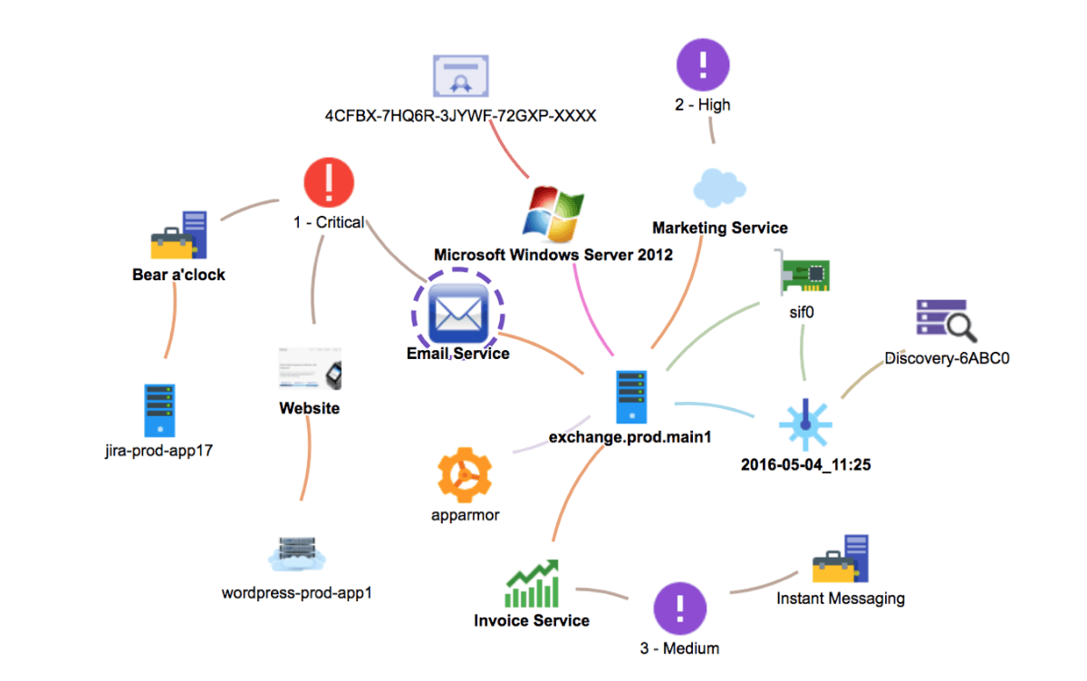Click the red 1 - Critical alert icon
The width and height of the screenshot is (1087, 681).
click(x=329, y=182)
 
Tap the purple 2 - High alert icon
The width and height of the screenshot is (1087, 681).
click(x=703, y=64)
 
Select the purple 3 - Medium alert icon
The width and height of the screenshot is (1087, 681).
click(x=680, y=608)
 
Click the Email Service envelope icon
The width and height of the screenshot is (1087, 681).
click(x=458, y=314)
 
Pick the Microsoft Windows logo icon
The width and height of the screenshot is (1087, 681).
click(x=553, y=214)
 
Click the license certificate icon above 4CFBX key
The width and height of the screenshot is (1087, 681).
click(x=461, y=76)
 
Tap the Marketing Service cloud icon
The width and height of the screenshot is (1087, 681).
click(x=719, y=188)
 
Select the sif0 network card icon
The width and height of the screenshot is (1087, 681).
click(x=803, y=273)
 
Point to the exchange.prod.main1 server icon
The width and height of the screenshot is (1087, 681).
click(x=631, y=397)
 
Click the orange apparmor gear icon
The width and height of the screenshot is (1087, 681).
click(x=465, y=474)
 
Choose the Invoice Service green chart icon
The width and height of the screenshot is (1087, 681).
click(x=532, y=583)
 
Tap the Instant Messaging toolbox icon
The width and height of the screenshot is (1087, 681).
click(x=841, y=559)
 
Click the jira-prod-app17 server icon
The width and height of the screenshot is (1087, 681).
click(x=159, y=411)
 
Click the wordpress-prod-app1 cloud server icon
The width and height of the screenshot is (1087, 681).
click(x=297, y=554)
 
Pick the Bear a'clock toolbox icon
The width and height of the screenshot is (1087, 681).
click(x=179, y=235)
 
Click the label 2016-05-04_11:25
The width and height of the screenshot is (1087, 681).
click(x=806, y=465)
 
